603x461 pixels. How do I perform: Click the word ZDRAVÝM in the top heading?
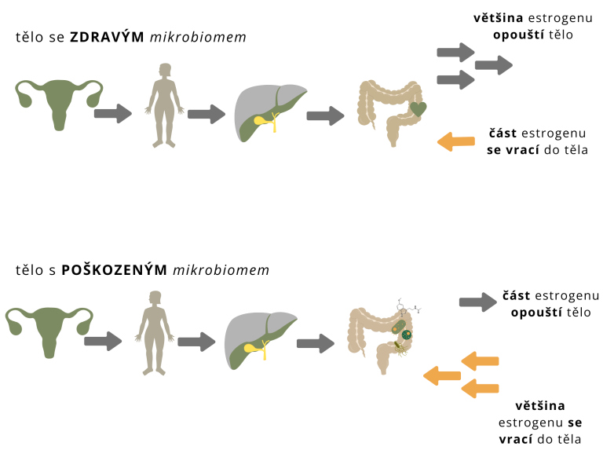point(107,37)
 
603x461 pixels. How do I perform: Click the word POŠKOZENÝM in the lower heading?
point(114,269)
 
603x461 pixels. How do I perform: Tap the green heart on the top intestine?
point(418,109)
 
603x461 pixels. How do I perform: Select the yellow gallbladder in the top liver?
point(261,120)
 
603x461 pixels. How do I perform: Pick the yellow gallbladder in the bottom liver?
point(251,348)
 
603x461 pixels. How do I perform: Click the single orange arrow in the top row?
point(455,141)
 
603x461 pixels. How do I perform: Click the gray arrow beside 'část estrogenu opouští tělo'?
point(478,302)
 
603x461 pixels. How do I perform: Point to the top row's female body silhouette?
point(164,105)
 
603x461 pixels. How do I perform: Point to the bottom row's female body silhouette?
point(155,333)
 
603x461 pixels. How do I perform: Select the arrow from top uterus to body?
point(113,114)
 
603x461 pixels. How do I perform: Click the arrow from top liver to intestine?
point(325,115)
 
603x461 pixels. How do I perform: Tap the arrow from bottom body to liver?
point(196,342)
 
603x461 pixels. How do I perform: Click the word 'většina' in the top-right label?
point(498,18)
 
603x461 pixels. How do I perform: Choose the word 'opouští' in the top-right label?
point(519,35)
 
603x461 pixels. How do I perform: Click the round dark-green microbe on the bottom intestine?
point(407,335)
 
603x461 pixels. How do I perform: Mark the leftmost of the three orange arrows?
point(442,375)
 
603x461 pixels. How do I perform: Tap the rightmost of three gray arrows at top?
point(494,65)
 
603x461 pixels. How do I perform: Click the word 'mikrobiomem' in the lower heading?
point(221,269)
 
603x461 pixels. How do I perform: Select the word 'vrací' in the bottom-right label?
point(516,439)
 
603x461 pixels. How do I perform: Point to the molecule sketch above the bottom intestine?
point(408,307)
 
